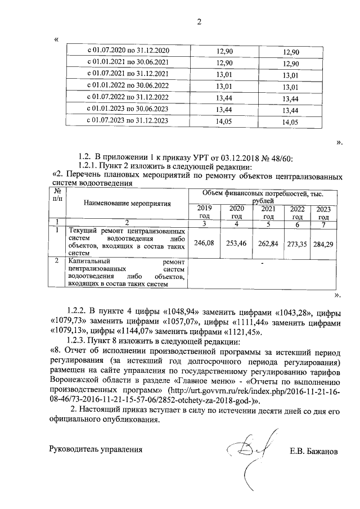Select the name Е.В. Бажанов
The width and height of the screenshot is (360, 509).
click(313, 451)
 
